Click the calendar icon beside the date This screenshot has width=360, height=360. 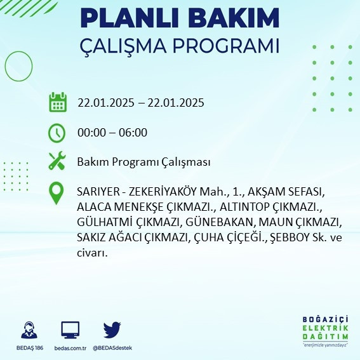[58, 102]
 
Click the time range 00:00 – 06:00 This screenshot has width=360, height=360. [112, 133]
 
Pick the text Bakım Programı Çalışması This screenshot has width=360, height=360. [143, 162]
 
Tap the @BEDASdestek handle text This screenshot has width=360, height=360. [112, 348]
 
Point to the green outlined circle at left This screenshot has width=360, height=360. [15, 65]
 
